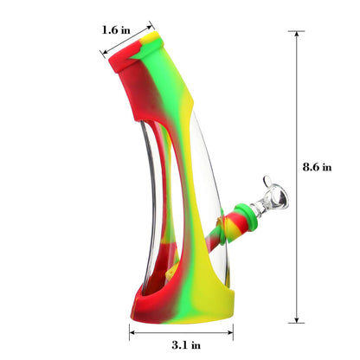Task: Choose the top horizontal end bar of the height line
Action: [x=299, y=32]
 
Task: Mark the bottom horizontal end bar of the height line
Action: [x=299, y=322]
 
